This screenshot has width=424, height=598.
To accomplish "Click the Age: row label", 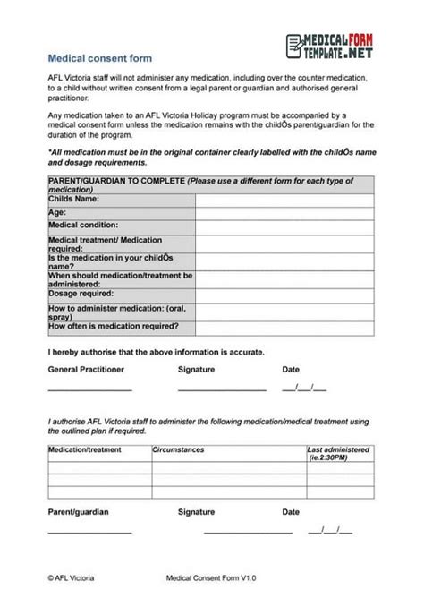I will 57,213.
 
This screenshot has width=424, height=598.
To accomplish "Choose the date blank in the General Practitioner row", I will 304,389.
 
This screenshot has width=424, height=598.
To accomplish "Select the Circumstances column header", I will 179,449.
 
